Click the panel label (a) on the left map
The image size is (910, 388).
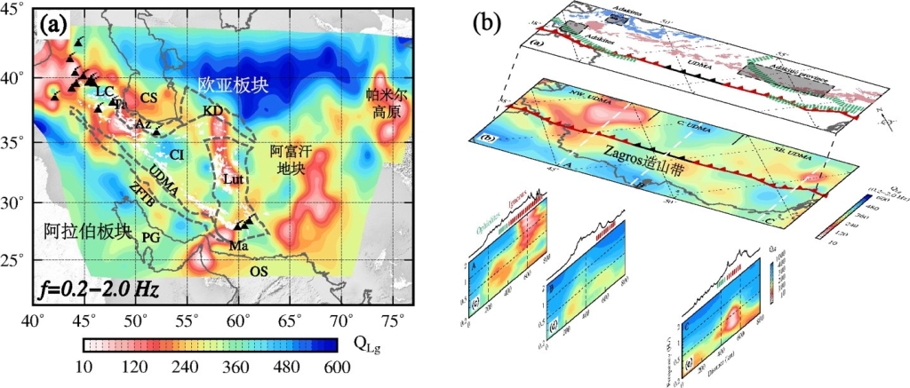[x=52, y=27]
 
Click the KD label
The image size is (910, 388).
[x=212, y=111]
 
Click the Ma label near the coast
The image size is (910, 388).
[x=238, y=244]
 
